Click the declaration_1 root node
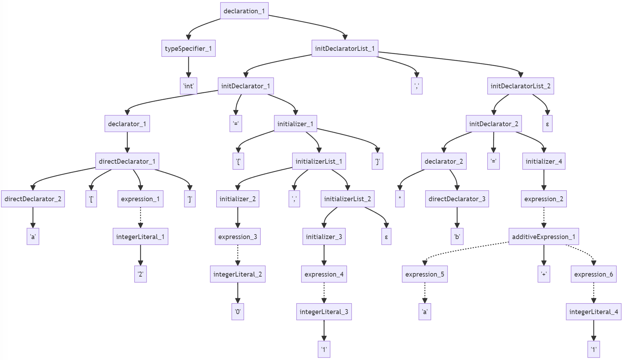click(x=244, y=11)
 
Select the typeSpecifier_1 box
click(x=188, y=48)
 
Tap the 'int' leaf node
click(x=189, y=86)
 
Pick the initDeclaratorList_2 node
click(x=521, y=86)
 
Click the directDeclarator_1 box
click(x=127, y=161)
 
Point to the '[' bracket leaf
click(x=91, y=199)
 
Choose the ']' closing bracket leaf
click(x=190, y=199)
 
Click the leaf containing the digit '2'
click(x=140, y=274)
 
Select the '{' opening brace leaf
click(x=238, y=161)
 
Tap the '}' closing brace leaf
click(x=377, y=161)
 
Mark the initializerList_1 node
click(x=319, y=161)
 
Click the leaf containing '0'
click(x=238, y=312)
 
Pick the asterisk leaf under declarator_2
click(x=400, y=199)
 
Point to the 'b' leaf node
click(x=457, y=237)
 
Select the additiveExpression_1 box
click(x=544, y=237)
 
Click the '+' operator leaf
click(x=544, y=274)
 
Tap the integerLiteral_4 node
click(x=593, y=312)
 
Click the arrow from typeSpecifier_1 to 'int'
click(x=189, y=67)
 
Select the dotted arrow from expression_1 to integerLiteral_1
click(x=141, y=217)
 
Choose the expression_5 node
click(x=424, y=274)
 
